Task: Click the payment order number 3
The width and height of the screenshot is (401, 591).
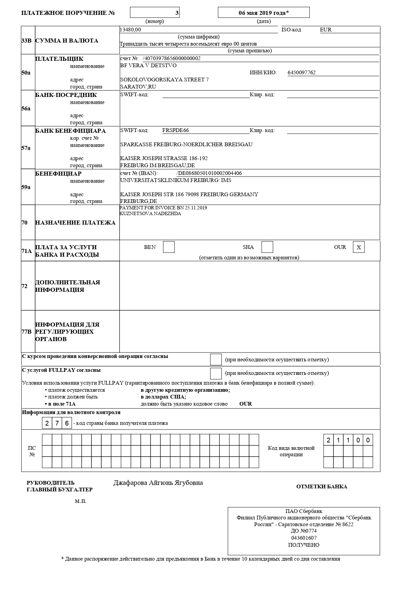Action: pyautogui.click(x=177, y=13)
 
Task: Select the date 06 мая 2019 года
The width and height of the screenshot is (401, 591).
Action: pyautogui.click(x=264, y=13)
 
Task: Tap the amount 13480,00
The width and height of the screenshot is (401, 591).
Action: pyautogui.click(x=130, y=30)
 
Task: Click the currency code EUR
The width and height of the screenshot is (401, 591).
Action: pyautogui.click(x=326, y=30)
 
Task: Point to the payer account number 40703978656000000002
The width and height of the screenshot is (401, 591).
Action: pyautogui.click(x=172, y=58)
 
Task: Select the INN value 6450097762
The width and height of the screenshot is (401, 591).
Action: pyautogui.click(x=301, y=73)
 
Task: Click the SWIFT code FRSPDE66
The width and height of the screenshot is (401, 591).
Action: pyautogui.click(x=176, y=130)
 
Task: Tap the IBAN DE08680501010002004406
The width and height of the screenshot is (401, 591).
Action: pyautogui.click(x=210, y=173)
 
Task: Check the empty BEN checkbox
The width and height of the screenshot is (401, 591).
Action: pyautogui.click(x=169, y=247)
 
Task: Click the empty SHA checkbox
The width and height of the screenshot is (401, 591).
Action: pyautogui.click(x=267, y=247)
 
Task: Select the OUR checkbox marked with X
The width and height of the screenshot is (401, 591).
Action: pyautogui.click(x=359, y=247)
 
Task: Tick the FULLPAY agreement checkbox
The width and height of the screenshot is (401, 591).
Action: pyautogui.click(x=216, y=374)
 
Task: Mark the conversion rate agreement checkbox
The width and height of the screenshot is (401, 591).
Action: pyautogui.click(x=216, y=360)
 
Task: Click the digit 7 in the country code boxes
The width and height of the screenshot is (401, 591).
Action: pyautogui.click(x=57, y=423)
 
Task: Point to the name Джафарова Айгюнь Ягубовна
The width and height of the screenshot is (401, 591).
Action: pyautogui.click(x=158, y=483)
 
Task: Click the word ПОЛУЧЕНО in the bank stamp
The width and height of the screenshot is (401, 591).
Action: pyautogui.click(x=303, y=545)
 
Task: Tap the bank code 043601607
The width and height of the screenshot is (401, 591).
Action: pyautogui.click(x=304, y=538)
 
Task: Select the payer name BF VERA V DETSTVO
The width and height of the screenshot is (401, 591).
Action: pyautogui.click(x=148, y=66)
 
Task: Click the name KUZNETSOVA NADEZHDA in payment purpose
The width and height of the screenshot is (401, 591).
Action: pyautogui.click(x=150, y=214)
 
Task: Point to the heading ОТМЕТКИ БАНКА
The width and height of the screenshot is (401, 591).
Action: pyautogui.click(x=322, y=487)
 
